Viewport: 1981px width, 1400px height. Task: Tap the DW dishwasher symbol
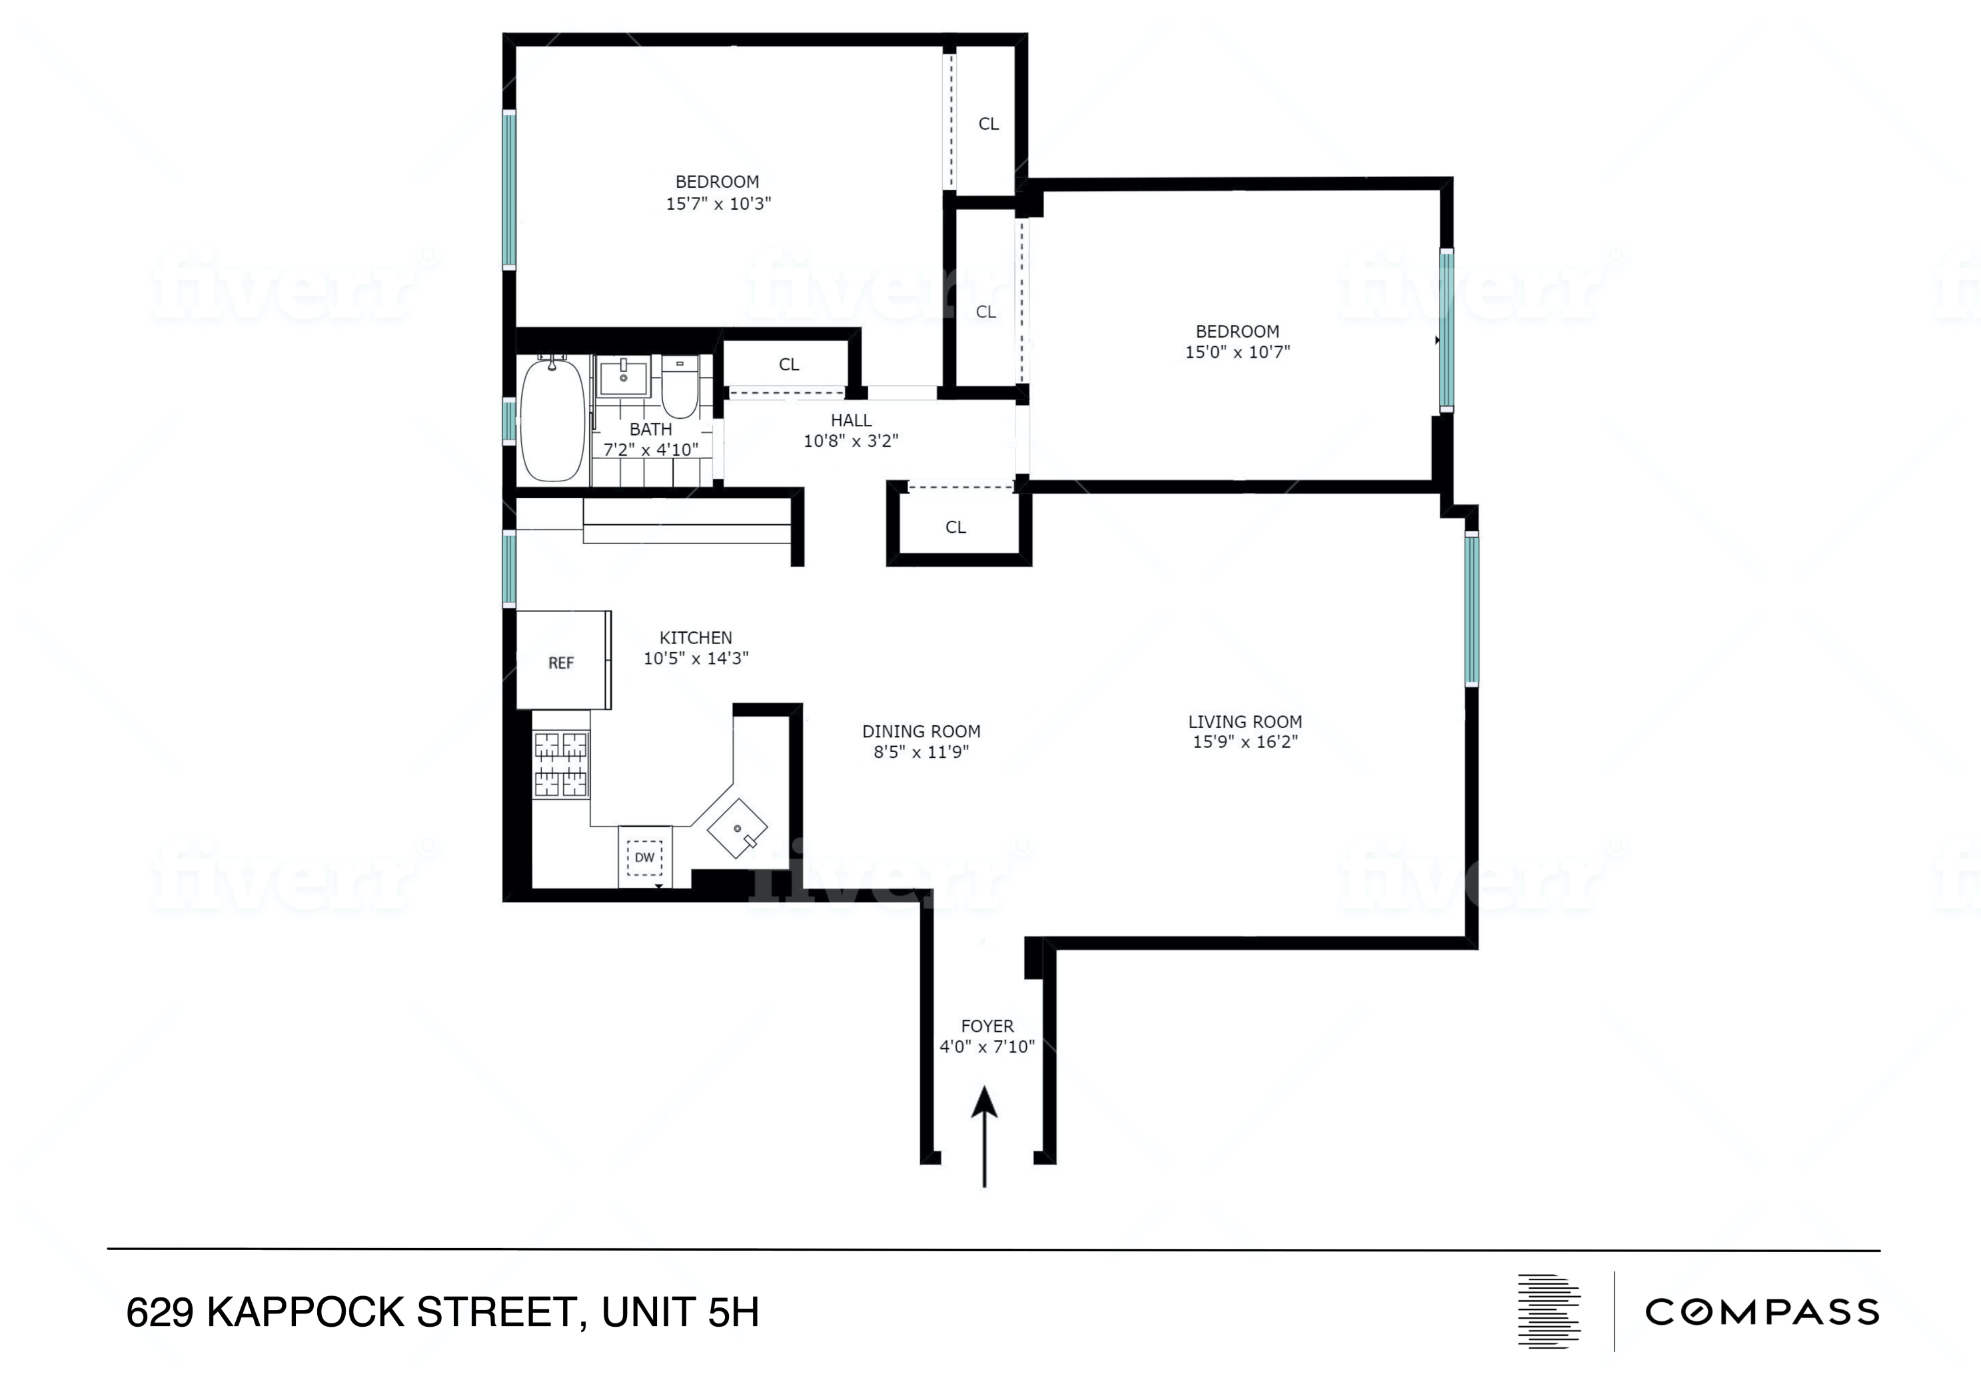click(644, 857)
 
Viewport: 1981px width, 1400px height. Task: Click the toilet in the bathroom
click(680, 390)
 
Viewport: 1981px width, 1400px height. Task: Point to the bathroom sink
click(623, 377)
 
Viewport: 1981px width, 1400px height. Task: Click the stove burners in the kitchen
click(561, 763)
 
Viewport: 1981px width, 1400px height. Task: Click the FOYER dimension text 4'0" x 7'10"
click(986, 1046)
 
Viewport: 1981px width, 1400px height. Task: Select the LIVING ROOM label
click(1244, 722)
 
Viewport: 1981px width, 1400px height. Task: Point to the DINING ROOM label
click(921, 731)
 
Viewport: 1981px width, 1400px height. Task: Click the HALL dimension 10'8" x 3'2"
click(851, 441)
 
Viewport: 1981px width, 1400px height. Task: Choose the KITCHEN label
click(696, 637)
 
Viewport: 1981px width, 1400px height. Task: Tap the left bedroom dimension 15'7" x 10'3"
click(718, 204)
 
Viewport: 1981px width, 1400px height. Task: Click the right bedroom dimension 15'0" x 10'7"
click(1237, 352)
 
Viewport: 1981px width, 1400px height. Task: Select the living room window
click(1472, 608)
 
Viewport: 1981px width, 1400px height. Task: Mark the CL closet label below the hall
click(955, 527)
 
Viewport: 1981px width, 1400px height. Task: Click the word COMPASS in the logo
click(1762, 1312)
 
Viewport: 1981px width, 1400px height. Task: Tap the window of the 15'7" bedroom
click(509, 189)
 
